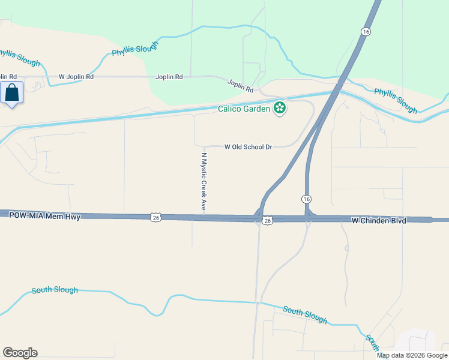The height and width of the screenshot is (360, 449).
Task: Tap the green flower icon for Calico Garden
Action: [x=279, y=108]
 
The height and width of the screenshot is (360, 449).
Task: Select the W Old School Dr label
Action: [x=249, y=146]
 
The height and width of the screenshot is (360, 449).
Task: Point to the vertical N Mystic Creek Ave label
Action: [x=203, y=181]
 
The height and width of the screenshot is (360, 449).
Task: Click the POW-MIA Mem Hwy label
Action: [x=45, y=216]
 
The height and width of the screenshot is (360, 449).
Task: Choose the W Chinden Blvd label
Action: [x=379, y=221]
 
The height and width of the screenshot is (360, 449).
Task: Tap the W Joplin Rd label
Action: [x=76, y=77]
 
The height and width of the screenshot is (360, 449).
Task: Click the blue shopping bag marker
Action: [x=12, y=93]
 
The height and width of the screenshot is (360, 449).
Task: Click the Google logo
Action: [x=20, y=353]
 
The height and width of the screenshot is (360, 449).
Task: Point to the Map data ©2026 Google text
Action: [x=412, y=355]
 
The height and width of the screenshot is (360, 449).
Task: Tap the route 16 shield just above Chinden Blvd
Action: [x=306, y=199]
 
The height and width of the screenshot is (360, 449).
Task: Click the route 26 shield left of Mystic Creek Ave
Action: [x=155, y=217]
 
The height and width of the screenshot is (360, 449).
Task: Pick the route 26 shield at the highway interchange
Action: [x=268, y=221]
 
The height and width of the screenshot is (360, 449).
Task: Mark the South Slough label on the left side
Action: [x=55, y=290]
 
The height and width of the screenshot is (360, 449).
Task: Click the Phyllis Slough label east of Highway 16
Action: [x=396, y=100]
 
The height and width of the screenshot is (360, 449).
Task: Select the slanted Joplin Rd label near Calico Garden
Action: [x=240, y=86]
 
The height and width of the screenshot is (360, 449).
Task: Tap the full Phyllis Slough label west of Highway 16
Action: [x=135, y=49]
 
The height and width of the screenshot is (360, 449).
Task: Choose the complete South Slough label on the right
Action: [x=305, y=314]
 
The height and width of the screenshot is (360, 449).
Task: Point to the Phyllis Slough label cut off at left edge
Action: [x=20, y=58]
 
